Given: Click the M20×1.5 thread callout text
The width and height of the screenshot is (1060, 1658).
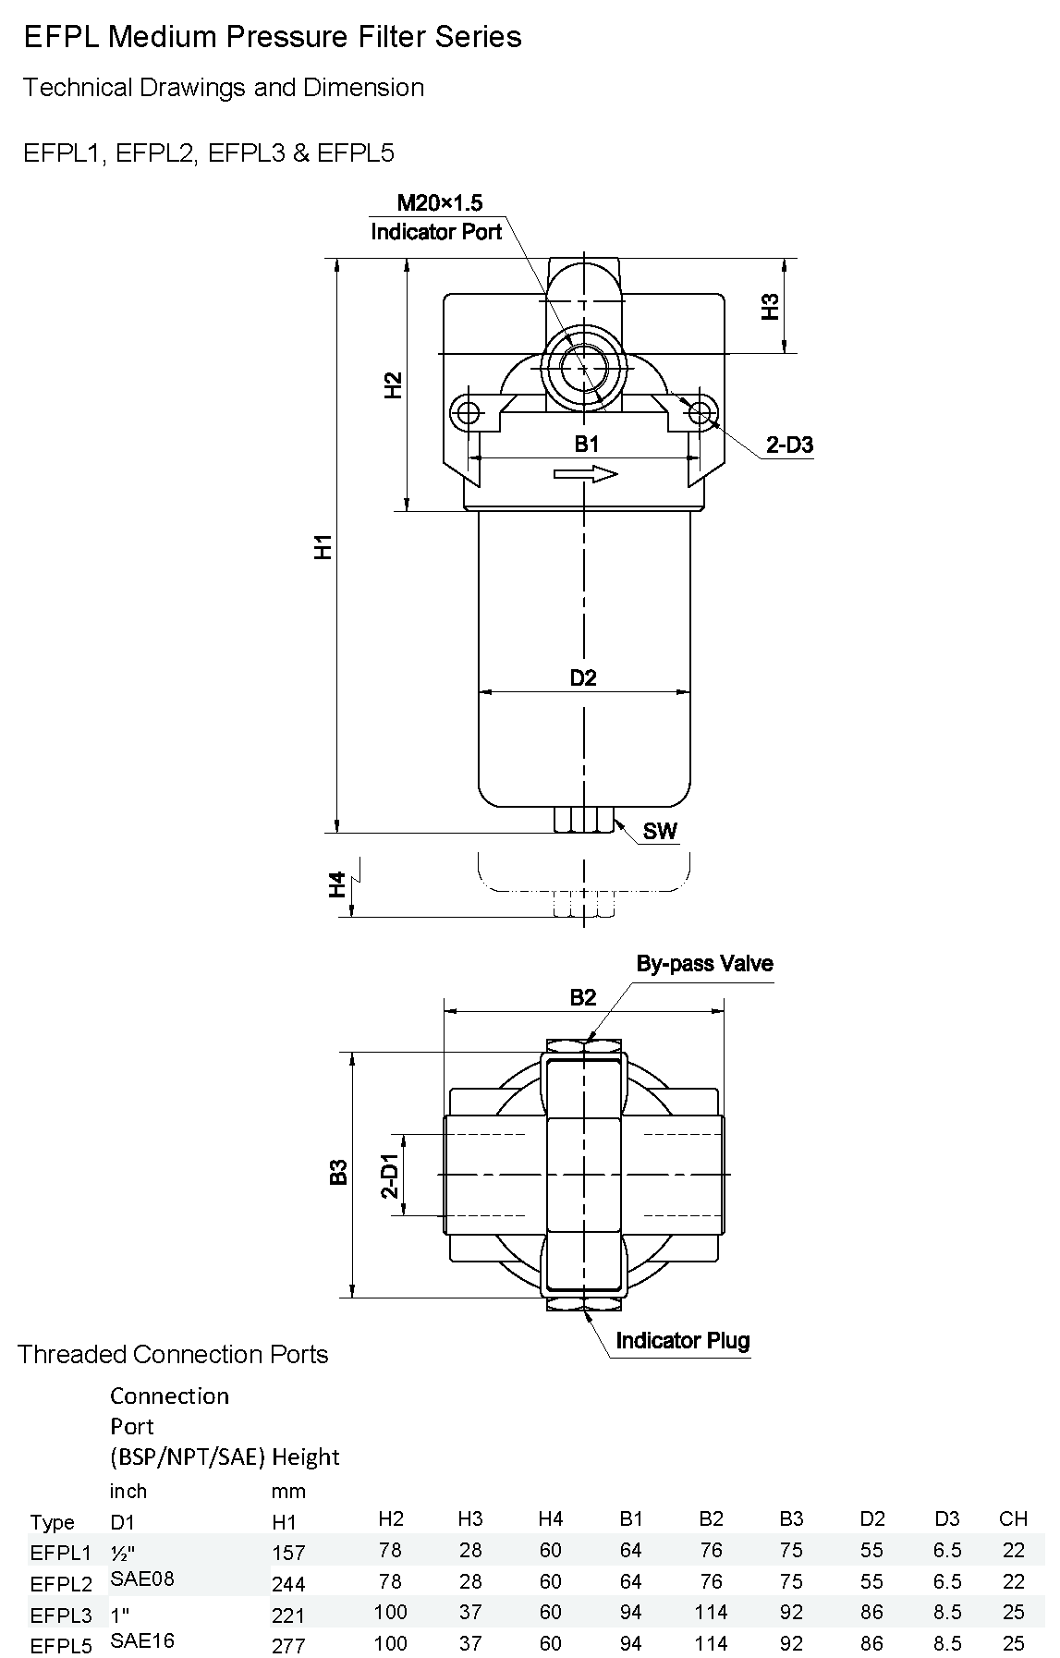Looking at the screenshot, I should [439, 202].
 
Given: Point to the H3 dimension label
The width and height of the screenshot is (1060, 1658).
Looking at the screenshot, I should [770, 306].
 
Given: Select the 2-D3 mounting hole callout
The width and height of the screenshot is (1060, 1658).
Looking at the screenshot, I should [789, 445].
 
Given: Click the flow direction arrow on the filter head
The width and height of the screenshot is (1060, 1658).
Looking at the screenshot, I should [585, 474].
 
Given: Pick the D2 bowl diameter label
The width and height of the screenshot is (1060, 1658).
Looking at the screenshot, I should [583, 677].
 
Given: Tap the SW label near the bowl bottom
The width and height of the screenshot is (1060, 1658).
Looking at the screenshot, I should [660, 831].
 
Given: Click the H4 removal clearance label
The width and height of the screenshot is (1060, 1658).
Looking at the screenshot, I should [337, 884].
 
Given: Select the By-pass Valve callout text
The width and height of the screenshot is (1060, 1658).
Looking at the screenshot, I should [704, 963].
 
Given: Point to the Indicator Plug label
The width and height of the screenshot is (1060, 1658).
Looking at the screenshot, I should [682, 1340].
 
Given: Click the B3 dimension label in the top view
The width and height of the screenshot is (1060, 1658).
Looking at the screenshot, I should [339, 1172].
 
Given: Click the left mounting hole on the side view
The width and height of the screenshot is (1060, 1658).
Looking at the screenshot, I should [468, 411].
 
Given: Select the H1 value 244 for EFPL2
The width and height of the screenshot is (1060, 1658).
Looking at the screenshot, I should [288, 1584].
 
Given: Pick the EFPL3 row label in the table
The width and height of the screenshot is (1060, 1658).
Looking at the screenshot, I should [61, 1615].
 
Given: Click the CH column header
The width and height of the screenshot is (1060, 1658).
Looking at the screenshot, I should [1013, 1518].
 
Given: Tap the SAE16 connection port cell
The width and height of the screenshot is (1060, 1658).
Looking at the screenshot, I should [142, 1640].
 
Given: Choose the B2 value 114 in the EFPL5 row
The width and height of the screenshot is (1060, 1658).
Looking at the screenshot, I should [711, 1644].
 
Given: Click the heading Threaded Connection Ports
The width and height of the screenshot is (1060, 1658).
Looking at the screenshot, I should [173, 1354].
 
